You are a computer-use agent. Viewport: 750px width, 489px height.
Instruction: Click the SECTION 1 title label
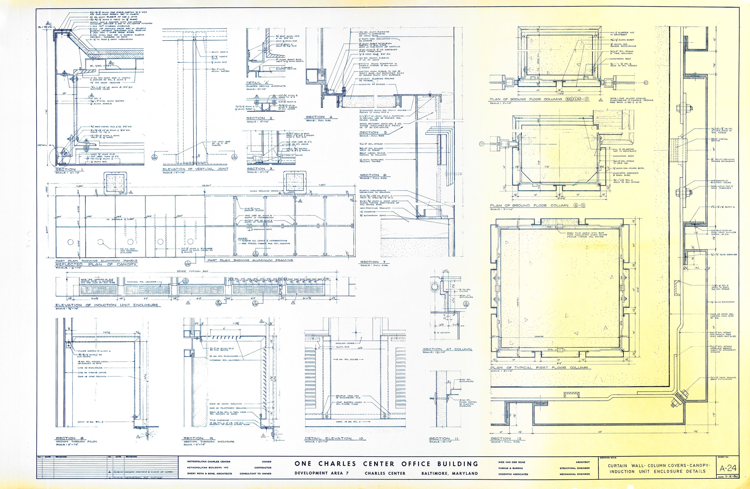point(65,170)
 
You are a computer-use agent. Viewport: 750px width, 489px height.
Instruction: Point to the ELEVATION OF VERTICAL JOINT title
point(195,169)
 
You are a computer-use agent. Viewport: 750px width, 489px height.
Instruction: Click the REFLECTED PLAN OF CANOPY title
point(96,264)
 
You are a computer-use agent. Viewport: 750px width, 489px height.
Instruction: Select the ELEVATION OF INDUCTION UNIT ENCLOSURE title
point(106,305)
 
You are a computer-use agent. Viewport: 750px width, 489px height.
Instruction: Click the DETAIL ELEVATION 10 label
point(334,438)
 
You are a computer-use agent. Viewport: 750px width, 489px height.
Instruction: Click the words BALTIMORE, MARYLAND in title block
point(449,474)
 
